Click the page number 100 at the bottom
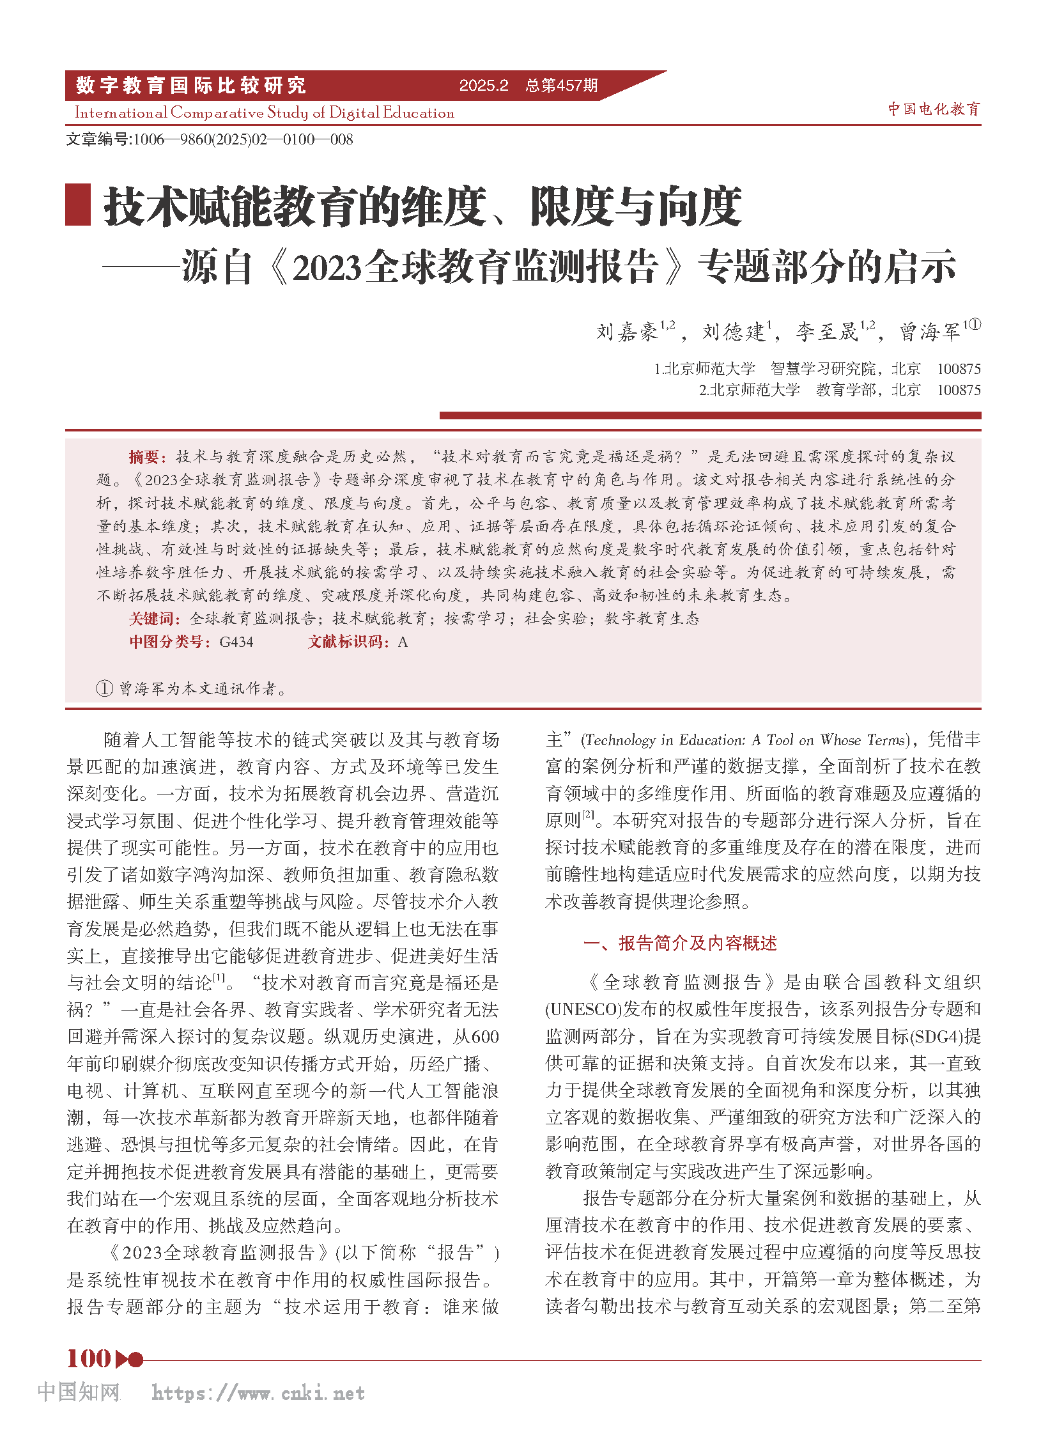pyautogui.click(x=89, y=1358)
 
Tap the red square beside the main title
pyautogui.click(x=78, y=205)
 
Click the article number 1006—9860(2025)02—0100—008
pyautogui.click(x=242, y=139)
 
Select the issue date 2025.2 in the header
pyautogui.click(x=484, y=86)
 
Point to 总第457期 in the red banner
pyautogui.click(x=561, y=86)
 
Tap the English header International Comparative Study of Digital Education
pyautogui.click(x=265, y=113)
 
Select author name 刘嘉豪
pyautogui.click(x=627, y=332)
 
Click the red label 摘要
pyautogui.click(x=147, y=456)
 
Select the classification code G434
pyautogui.click(x=236, y=642)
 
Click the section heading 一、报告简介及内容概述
pyautogui.click(x=679, y=943)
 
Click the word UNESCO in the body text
pyautogui.click(x=583, y=1009)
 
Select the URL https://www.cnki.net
pyautogui.click(x=258, y=1393)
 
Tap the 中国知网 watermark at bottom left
pyautogui.click(x=79, y=1392)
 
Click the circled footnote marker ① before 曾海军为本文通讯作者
pyautogui.click(x=104, y=688)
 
